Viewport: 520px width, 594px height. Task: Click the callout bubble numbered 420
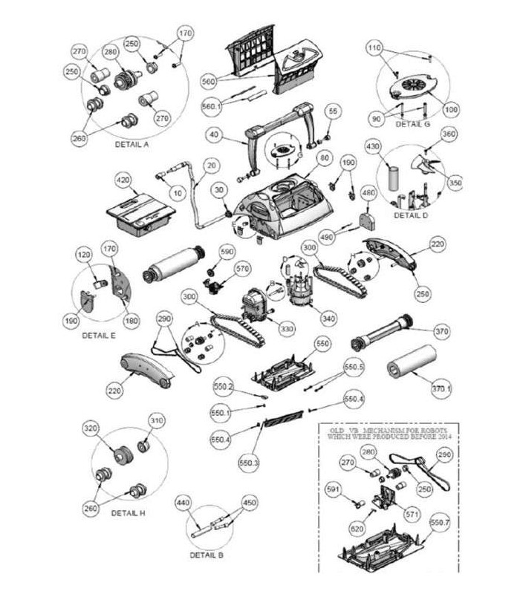(x=123, y=180)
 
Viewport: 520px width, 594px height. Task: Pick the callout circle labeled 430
(x=372, y=148)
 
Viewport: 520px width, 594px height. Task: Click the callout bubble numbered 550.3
(x=248, y=463)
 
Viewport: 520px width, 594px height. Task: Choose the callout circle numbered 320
(x=91, y=431)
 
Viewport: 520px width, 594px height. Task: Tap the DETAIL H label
(x=128, y=512)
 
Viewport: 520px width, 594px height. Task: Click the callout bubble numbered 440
(x=183, y=503)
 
